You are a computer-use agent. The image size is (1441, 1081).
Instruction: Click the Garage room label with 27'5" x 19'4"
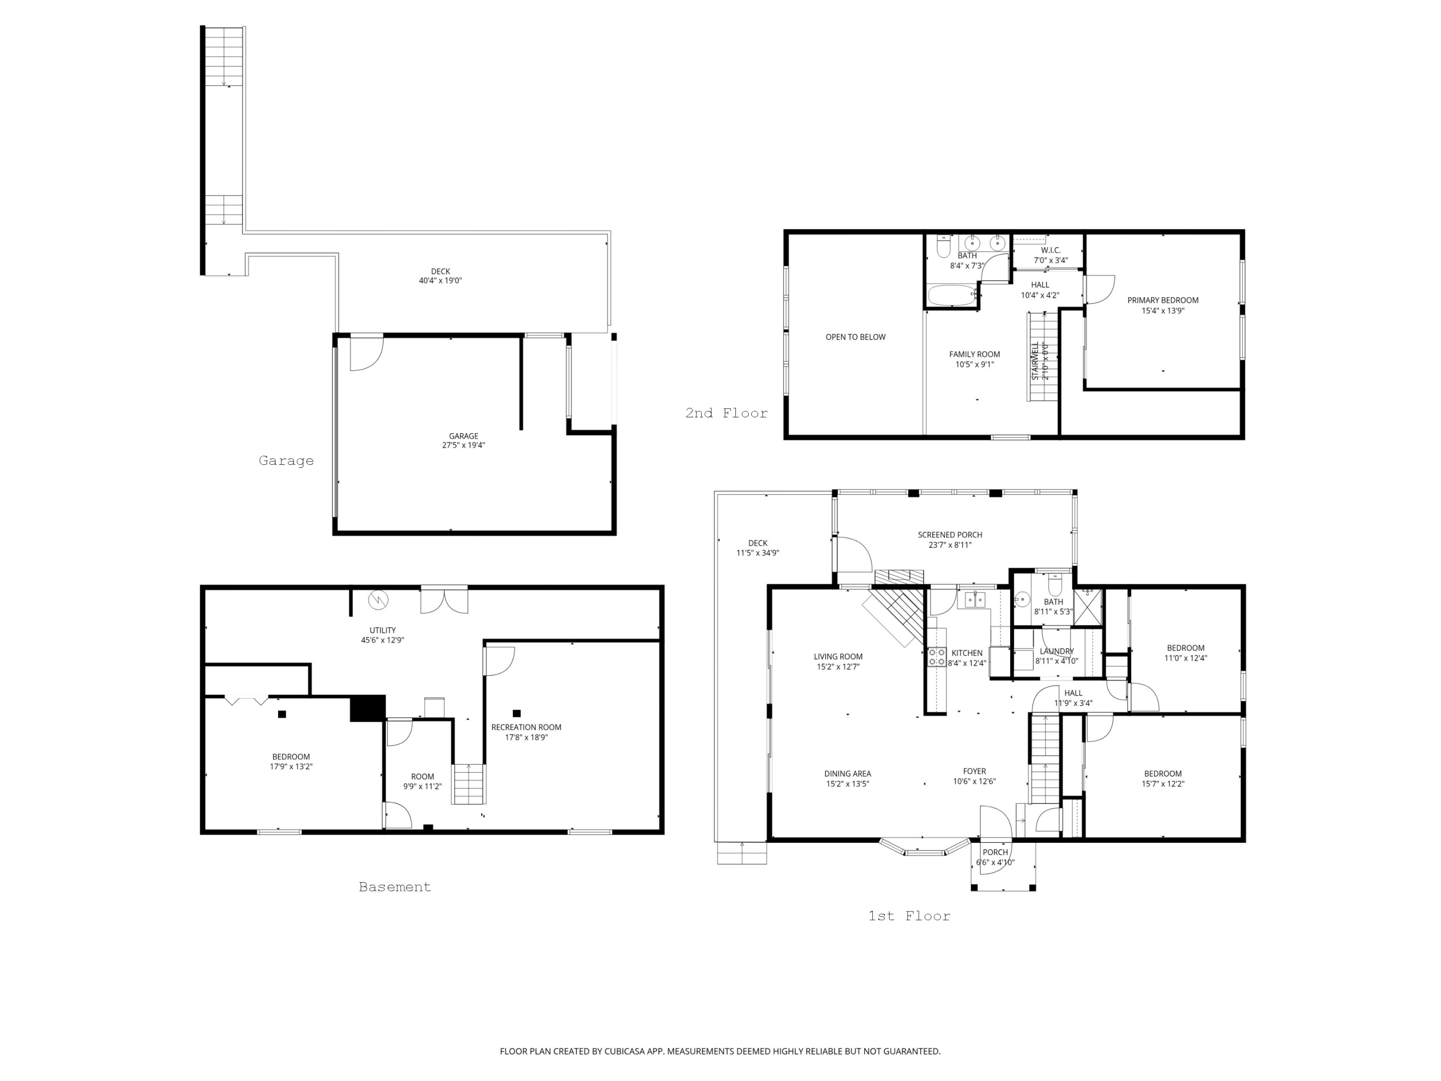[463, 441]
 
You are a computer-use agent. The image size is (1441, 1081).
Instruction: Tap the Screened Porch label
[950, 539]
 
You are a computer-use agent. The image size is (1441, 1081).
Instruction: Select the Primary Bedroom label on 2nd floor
[1163, 305]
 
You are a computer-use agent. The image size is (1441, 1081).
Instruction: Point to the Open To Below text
[855, 337]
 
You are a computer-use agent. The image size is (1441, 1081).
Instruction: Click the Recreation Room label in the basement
[525, 732]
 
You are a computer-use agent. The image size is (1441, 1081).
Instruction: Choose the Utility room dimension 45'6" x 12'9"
[382, 640]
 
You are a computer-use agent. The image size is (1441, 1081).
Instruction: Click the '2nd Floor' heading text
[726, 413]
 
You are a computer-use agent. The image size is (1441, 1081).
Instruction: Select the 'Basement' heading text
[395, 887]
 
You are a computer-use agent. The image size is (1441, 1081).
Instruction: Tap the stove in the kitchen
[937, 656]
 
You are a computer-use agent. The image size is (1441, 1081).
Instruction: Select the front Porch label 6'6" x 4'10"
[995, 857]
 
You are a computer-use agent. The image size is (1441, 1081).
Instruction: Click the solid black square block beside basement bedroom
[367, 708]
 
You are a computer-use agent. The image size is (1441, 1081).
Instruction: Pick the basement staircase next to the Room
[469, 784]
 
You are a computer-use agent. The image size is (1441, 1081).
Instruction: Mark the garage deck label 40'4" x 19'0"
[440, 276]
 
